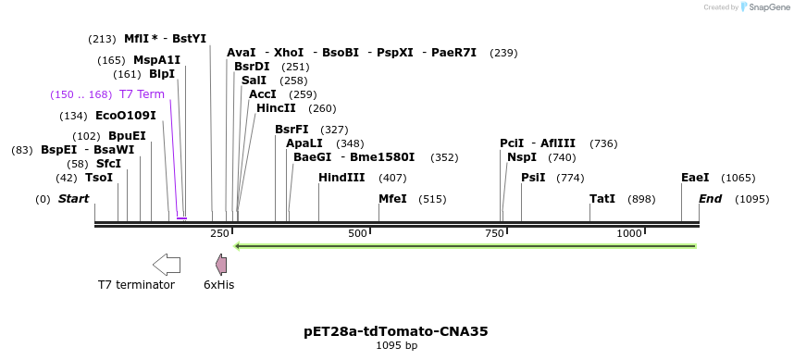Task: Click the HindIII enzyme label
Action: pos(341,178)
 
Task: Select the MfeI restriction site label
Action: pos(392,199)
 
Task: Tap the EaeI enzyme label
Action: pos(695,178)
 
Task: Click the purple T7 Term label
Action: pos(142,94)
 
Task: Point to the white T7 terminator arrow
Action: pos(167,265)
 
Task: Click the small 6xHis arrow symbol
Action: pos(221,265)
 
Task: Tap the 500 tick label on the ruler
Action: pos(357,234)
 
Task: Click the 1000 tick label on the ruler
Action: pos(629,234)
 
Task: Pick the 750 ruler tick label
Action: pos(493,234)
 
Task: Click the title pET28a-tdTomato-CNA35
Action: pos(396,330)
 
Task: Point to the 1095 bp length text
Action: pos(396,346)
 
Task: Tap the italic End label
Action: pos(710,199)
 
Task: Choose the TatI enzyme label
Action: pos(602,199)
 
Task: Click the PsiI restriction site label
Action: pos(533,178)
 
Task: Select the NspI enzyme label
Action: pos(521,157)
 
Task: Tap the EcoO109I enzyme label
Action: pos(126,116)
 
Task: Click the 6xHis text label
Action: pos(219,285)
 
